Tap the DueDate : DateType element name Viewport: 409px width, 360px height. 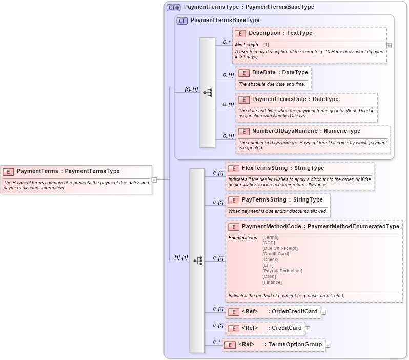[280, 73]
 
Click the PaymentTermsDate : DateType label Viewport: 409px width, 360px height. [295, 99]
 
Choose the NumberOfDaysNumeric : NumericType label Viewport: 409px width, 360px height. [306, 131]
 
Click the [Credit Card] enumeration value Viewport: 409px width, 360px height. [275, 254]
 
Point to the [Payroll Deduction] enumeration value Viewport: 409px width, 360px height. [282, 271]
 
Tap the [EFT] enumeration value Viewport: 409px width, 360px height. [268, 265]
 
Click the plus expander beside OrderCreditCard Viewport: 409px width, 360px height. [323, 312]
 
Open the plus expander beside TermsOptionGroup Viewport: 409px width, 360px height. [328, 345]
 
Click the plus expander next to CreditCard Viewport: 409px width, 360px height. [308, 328]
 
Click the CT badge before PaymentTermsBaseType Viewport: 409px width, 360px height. [182, 21]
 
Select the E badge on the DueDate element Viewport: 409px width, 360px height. [244, 73]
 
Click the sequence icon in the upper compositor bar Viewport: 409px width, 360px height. [208, 93]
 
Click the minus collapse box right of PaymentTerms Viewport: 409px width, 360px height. [154, 179]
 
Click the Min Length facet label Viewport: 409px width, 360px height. [247, 45]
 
